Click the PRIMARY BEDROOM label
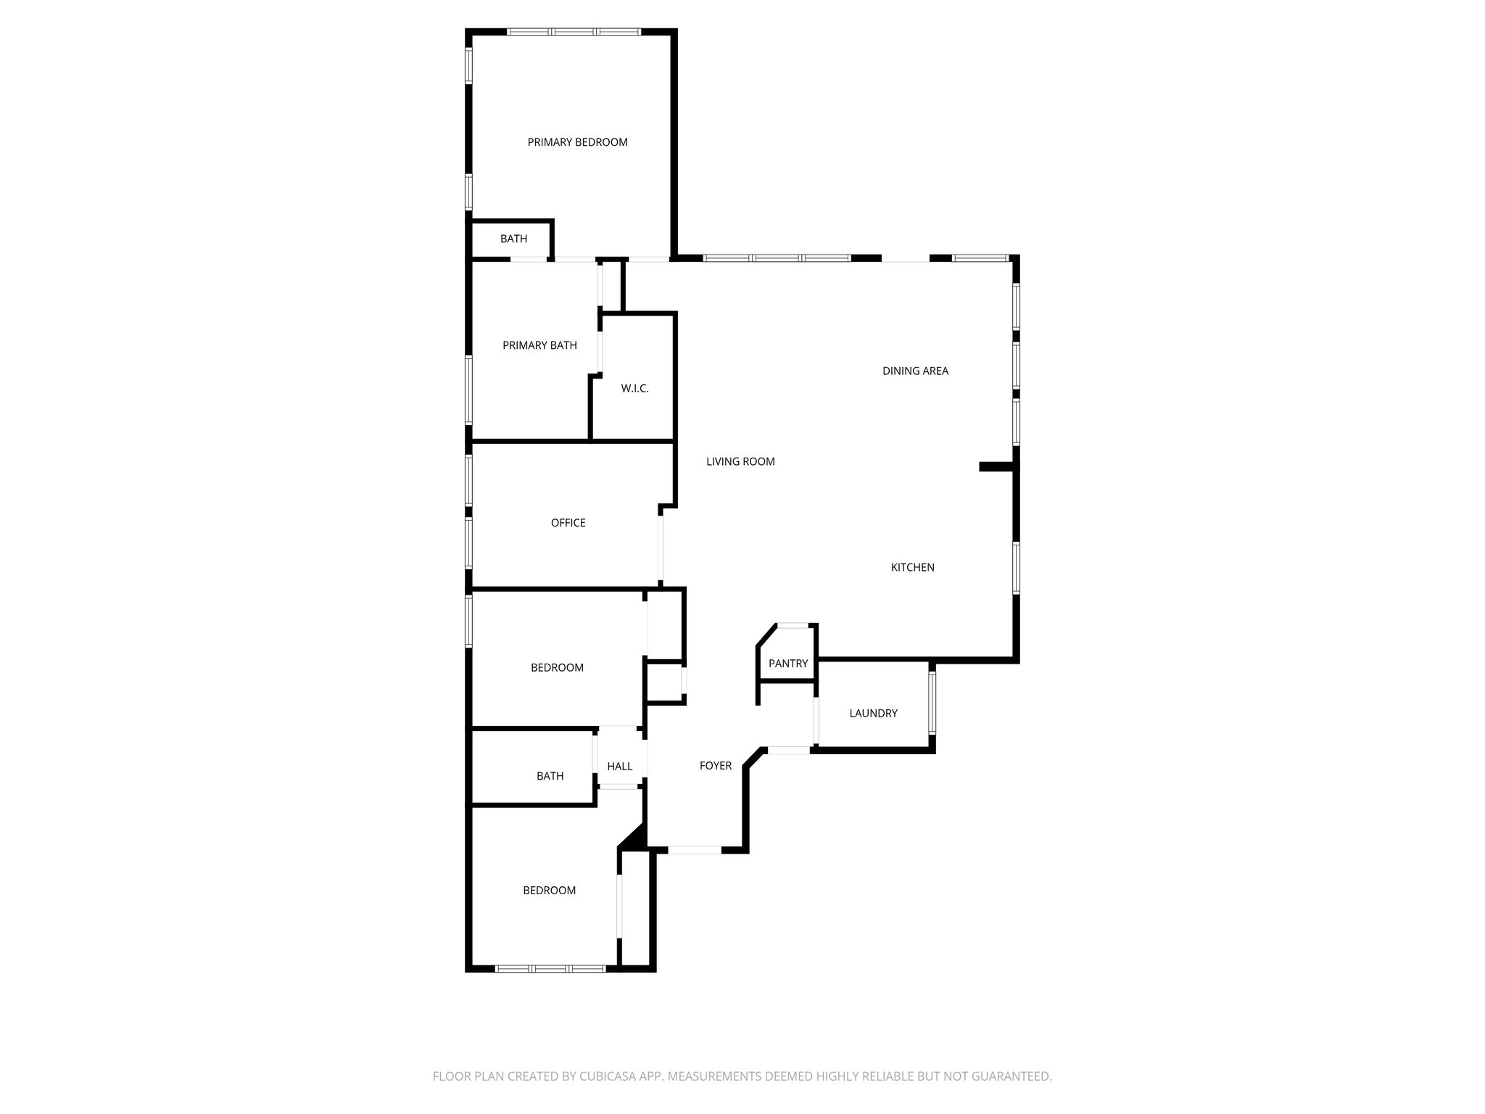point(577,142)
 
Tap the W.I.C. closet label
point(634,389)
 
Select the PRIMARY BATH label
point(539,345)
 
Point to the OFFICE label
point(568,523)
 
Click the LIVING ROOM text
point(740,461)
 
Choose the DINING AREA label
point(915,371)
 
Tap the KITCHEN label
point(912,567)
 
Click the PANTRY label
point(787,664)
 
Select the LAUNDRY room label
point(873,714)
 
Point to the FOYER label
point(715,766)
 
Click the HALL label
point(619,767)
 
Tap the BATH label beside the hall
point(550,776)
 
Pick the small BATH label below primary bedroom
point(513,239)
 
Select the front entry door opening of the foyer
point(694,849)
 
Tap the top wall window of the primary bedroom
point(574,32)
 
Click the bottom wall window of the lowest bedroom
point(550,968)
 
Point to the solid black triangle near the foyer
point(635,838)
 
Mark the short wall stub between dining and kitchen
point(998,467)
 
